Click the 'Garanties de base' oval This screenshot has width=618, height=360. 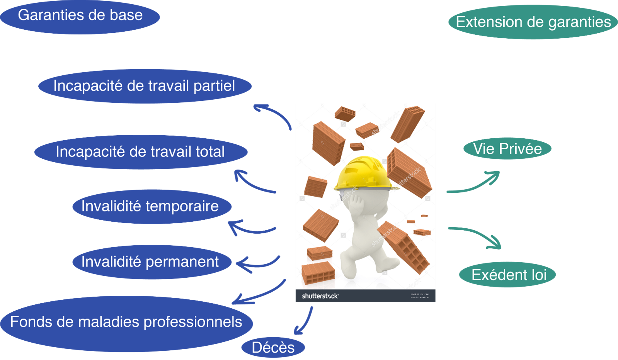click(80, 16)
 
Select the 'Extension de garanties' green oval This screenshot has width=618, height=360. click(533, 22)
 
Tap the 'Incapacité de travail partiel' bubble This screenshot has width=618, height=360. click(145, 86)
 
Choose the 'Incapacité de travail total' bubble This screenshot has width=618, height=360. click(141, 152)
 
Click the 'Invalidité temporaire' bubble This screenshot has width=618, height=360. click(152, 206)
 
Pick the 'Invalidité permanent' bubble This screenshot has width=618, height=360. click(152, 262)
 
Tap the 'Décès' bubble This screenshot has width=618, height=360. click(273, 347)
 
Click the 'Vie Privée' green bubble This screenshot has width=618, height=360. click(507, 149)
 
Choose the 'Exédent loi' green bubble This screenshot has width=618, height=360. click(507, 275)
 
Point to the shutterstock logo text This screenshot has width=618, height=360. click(320, 296)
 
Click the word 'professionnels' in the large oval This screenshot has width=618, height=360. click(192, 322)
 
